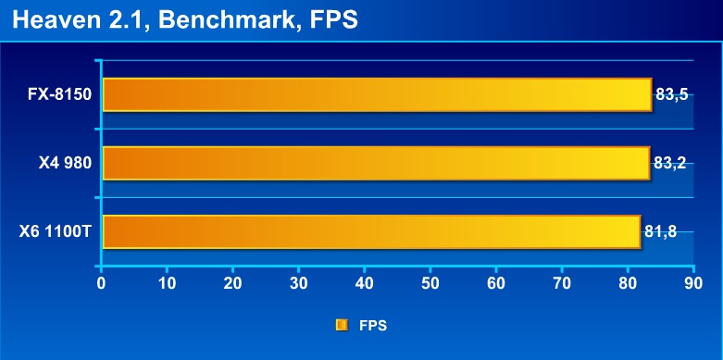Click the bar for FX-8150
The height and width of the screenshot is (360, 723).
tap(377, 94)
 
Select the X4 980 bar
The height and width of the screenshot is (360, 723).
tap(376, 163)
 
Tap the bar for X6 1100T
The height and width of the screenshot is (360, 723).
tap(371, 232)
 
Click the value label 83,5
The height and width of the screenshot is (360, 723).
tap(671, 95)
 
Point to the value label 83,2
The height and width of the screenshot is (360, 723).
tap(670, 163)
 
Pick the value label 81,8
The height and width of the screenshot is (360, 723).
tap(660, 232)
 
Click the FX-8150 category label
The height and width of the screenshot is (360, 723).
tap(60, 95)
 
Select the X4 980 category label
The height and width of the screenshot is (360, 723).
tap(65, 164)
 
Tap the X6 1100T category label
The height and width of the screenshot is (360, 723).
tap(56, 232)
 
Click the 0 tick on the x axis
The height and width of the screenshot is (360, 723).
tap(101, 283)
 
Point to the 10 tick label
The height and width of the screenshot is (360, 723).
tap(167, 283)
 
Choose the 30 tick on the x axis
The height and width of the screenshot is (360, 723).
tap(298, 283)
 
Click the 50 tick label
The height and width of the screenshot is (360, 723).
tap(430, 283)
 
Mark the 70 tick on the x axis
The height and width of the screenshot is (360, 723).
tap(562, 283)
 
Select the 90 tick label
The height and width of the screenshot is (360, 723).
tap(693, 283)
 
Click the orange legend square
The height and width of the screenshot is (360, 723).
tap(342, 326)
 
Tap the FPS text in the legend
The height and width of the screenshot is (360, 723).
tap(373, 326)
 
